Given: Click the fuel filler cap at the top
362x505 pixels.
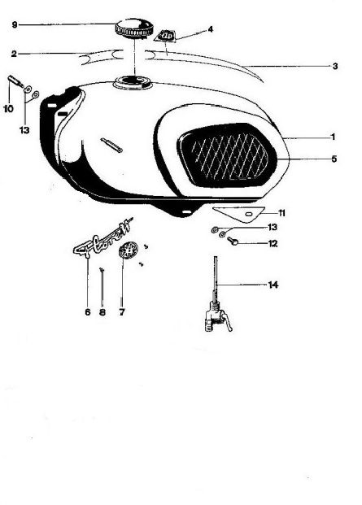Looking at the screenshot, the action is [133, 28].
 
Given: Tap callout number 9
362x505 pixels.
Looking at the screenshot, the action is [15, 24].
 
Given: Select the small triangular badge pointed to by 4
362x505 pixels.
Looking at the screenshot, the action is [165, 35].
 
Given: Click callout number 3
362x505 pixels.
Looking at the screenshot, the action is [335, 67].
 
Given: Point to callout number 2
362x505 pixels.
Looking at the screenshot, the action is [14, 54].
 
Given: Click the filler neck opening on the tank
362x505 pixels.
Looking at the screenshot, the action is [133, 82].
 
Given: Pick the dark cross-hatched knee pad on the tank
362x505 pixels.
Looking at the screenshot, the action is [227, 155].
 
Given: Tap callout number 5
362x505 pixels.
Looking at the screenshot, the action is [334, 159].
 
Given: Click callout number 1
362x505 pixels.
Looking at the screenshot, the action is [334, 137].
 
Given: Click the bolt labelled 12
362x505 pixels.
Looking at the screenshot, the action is [233, 241].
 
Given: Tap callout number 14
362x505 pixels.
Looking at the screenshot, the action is [273, 285].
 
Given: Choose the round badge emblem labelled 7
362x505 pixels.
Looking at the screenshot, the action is [129, 250].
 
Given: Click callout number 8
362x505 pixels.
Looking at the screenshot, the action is [102, 312].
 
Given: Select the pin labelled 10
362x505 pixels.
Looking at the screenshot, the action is [15, 81].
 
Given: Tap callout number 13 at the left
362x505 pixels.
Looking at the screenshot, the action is [24, 130].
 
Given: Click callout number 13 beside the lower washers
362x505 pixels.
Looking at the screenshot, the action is [273, 228].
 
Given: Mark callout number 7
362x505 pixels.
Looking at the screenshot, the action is [122, 312].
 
